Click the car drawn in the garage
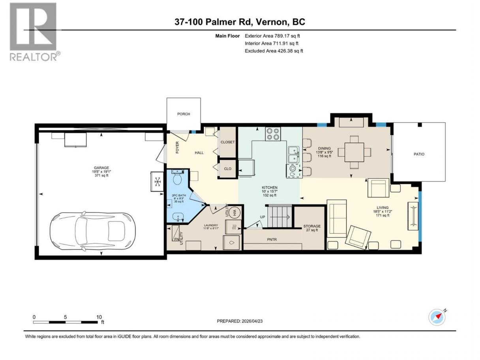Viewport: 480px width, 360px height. tap(93, 232)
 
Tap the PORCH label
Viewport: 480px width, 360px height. tap(184, 114)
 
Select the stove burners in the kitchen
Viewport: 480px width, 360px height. tap(273, 134)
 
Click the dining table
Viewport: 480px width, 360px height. tap(354, 152)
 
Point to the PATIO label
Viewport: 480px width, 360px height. tap(419, 154)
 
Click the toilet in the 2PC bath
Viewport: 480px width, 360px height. tap(177, 178)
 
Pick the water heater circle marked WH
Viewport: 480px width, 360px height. tap(234, 212)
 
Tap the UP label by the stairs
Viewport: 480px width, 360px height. tap(262, 217)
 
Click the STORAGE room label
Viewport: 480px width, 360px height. tap(312, 226)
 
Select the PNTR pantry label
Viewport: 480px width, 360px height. tap(272, 239)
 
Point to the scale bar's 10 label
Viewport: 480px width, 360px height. tap(99, 317)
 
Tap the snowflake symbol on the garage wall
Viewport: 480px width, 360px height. tap(157, 182)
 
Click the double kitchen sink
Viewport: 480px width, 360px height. tap(293, 154)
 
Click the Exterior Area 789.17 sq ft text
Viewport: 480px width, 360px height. tap(272, 36)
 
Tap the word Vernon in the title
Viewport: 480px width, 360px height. tap(271, 22)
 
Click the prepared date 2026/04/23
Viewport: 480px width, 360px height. tap(252, 321)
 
